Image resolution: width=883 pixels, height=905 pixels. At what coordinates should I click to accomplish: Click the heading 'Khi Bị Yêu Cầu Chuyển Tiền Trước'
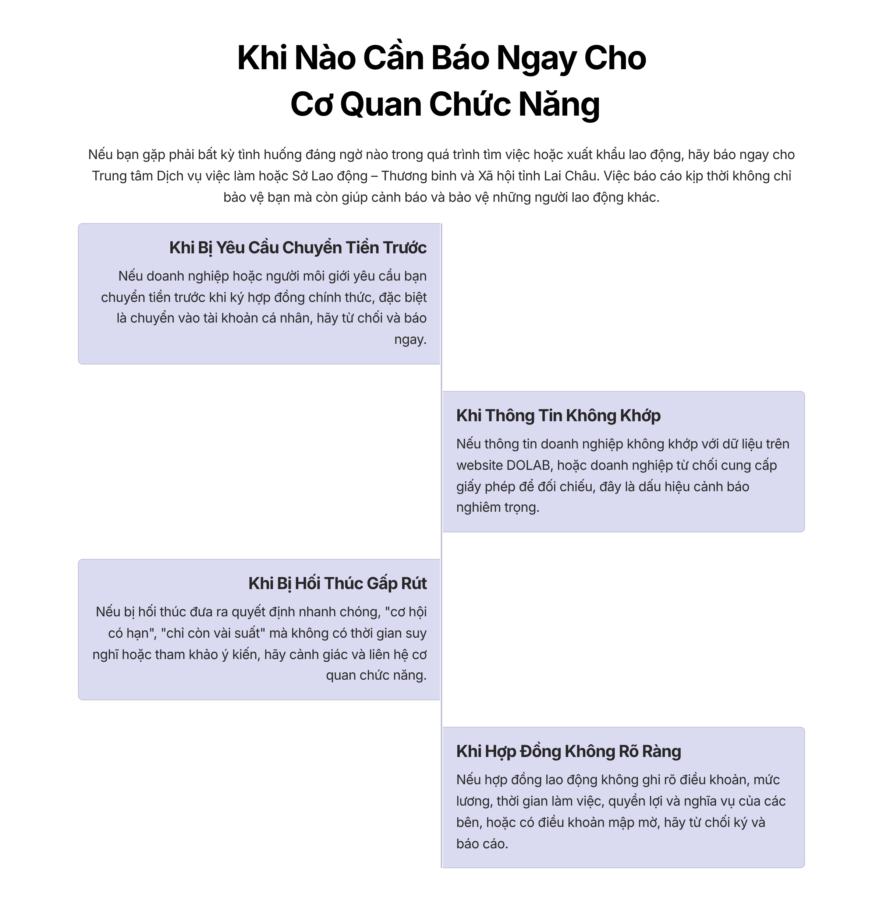click(x=298, y=248)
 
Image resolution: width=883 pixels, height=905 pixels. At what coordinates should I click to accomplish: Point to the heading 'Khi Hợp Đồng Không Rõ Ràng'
click(x=568, y=751)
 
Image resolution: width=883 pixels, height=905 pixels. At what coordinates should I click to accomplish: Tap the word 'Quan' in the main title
click(x=380, y=105)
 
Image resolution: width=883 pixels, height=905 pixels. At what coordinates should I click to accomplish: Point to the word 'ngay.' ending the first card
click(x=410, y=340)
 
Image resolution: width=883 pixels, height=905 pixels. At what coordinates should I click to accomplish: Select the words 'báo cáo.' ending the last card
click(x=482, y=844)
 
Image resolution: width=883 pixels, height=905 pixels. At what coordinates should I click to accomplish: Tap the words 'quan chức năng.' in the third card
click(x=376, y=675)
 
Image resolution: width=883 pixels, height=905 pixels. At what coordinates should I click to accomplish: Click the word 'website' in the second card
click(x=479, y=465)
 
